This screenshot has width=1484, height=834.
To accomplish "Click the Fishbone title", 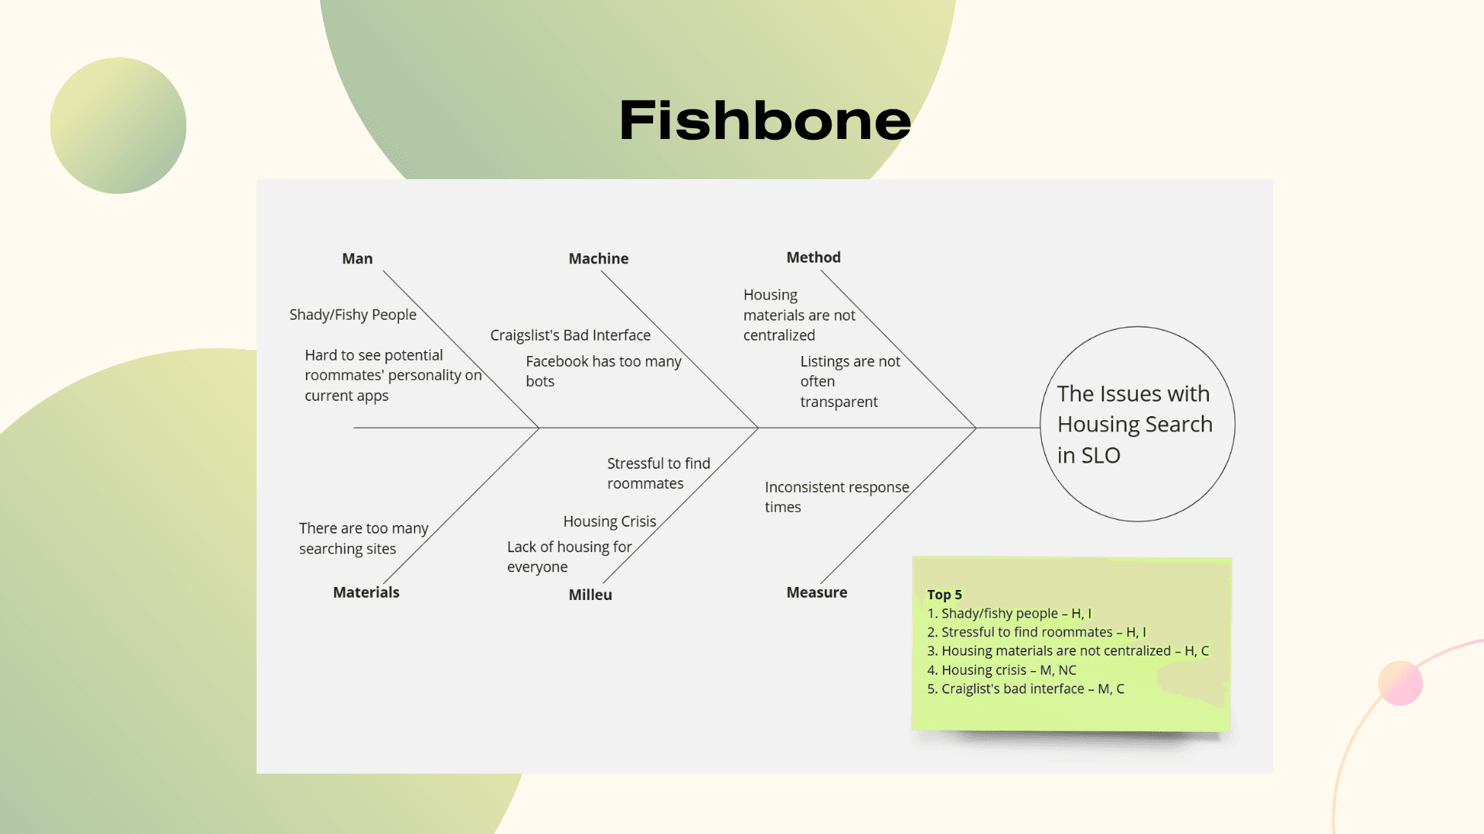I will pos(765,120).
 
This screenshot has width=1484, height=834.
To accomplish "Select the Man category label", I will pos(357,259).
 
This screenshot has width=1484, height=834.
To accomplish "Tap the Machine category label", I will pos(598,259).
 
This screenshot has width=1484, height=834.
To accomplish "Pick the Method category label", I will pos(813,257).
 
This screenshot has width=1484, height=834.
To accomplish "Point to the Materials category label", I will pos(366,592).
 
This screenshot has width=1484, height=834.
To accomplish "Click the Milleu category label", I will pos(590,595).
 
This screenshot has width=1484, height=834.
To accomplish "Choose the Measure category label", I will pos(816,592).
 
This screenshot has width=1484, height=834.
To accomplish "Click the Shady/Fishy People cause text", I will pos(352,314).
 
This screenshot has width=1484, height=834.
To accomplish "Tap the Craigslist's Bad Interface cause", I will pos(570,335).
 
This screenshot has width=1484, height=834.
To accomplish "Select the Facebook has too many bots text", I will pos(603,371).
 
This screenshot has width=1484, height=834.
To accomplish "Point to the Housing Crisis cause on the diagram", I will pos(609,521).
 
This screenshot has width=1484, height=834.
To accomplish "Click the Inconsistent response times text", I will pos(836,497).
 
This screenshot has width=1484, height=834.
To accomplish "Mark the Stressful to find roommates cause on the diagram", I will pos(658,473).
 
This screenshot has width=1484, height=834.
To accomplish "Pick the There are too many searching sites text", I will pos(363,538).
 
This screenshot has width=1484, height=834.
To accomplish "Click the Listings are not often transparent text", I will pos(849,381).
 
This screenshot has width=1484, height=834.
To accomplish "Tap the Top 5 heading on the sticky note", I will pos(945,595).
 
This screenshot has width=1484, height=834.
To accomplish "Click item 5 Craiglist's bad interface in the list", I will pos(1025,689).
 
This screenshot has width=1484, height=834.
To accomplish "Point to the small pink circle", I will pos(1400,683).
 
